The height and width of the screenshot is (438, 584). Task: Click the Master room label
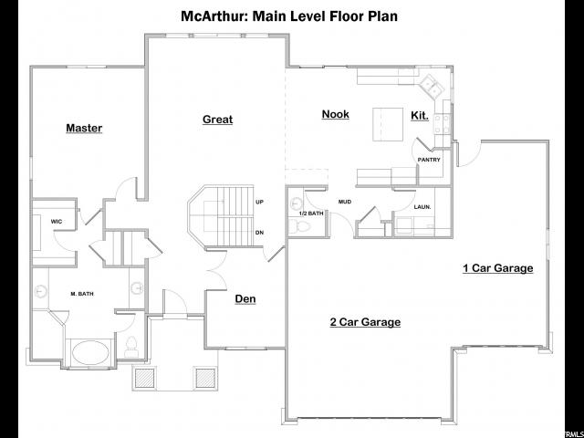(x=84, y=128)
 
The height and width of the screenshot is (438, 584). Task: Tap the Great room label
(x=217, y=120)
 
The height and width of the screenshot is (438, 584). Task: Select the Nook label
(x=336, y=114)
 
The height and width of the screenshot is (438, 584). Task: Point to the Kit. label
(x=420, y=116)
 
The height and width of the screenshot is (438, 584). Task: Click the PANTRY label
(x=429, y=160)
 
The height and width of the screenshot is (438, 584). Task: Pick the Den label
(x=245, y=298)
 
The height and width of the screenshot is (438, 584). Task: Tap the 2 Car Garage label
(x=365, y=322)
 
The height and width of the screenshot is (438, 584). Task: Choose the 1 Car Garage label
(x=498, y=268)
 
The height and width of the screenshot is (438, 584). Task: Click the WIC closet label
(x=57, y=222)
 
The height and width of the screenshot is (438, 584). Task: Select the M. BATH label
(x=82, y=294)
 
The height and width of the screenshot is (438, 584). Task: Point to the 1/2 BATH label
(x=311, y=214)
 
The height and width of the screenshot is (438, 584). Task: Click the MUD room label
(x=345, y=202)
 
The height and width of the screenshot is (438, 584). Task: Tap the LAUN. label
(x=422, y=207)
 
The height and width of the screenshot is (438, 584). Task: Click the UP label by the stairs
(x=259, y=202)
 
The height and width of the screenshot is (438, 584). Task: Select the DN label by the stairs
(x=259, y=233)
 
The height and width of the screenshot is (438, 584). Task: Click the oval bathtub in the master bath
(x=90, y=352)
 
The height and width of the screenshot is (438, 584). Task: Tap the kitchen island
(x=388, y=124)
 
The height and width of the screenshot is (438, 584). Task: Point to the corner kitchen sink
(x=432, y=85)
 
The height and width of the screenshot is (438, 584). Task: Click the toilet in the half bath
(x=300, y=225)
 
